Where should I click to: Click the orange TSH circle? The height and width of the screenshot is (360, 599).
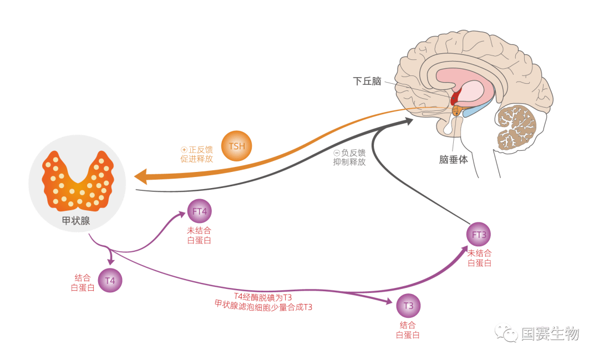[x=236, y=146]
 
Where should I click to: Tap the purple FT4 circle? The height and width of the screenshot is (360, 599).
[x=200, y=211]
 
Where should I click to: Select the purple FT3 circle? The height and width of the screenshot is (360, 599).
[x=479, y=235]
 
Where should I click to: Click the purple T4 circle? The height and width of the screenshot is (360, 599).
[x=110, y=280]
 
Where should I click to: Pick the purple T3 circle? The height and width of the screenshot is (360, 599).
[x=408, y=306]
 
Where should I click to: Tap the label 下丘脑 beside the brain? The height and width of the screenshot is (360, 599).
[x=368, y=82]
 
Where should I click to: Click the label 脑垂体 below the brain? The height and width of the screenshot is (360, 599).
[x=454, y=160]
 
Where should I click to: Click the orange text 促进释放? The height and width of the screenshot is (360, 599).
[x=196, y=159]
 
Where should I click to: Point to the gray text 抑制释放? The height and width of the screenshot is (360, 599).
[x=349, y=162]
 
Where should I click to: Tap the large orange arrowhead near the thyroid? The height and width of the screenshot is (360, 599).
[x=140, y=177]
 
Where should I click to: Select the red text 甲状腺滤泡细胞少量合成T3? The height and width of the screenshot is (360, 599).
[x=263, y=306]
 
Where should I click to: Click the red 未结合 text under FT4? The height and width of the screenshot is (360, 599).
[x=199, y=230]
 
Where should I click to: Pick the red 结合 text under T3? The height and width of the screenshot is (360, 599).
[x=408, y=325]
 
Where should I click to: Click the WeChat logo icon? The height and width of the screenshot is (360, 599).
[x=506, y=332]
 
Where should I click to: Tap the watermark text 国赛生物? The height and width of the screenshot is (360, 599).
[x=550, y=333]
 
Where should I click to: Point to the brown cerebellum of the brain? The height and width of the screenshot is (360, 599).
[x=516, y=127]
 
